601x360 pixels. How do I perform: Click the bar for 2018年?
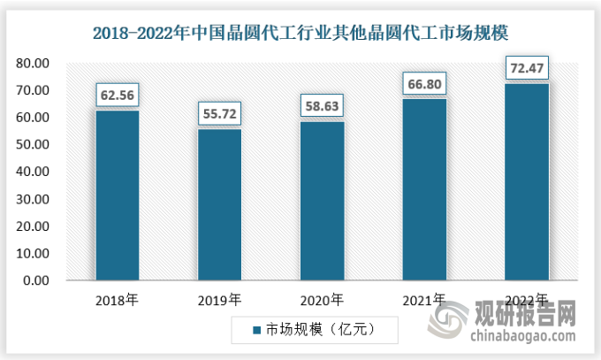(117, 195)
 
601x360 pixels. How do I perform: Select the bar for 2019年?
(219, 205)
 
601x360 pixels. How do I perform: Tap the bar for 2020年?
(322, 202)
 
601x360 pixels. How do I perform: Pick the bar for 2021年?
(423, 190)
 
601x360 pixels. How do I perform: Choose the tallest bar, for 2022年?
(526, 182)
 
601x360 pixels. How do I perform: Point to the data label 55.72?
(219, 112)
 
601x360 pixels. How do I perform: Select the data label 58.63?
(322, 104)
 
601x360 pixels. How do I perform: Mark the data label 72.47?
(526, 67)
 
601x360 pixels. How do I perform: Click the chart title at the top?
(300, 32)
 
